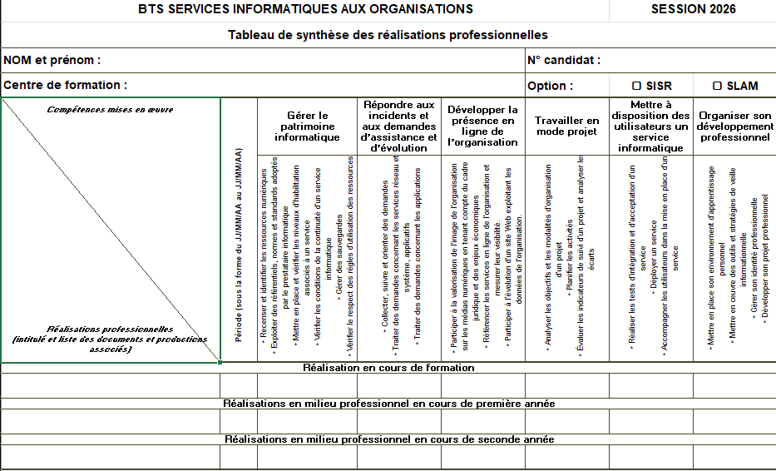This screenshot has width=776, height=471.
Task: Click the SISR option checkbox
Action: click(x=636, y=86)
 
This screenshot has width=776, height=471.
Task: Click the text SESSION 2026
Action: click(x=693, y=9)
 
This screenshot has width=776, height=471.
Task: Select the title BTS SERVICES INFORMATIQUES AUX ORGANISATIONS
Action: click(x=305, y=9)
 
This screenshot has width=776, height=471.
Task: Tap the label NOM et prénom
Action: click(x=52, y=60)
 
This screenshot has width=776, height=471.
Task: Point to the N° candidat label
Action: click(x=563, y=60)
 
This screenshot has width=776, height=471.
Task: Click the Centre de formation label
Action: click(x=66, y=85)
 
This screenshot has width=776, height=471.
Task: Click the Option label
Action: click(x=550, y=86)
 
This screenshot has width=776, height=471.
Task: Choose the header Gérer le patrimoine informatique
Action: click(x=307, y=126)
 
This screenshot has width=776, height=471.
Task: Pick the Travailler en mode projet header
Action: click(x=566, y=126)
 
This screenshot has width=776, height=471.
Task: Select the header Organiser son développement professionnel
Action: click(x=734, y=126)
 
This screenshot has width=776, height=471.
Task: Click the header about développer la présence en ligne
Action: click(x=482, y=126)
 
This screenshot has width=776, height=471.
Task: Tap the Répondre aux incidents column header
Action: click(x=399, y=126)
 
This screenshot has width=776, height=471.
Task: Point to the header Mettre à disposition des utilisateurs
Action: click(x=650, y=126)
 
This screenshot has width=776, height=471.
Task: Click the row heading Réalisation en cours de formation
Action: click(x=388, y=368)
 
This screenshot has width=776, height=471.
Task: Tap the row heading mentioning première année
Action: click(x=388, y=404)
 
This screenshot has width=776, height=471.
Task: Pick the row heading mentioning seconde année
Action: click(x=388, y=439)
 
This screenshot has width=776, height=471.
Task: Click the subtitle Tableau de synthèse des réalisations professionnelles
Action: click(x=388, y=35)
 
